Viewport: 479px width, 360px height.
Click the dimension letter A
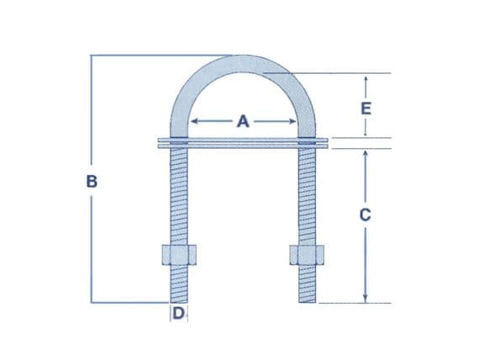tap(243, 121)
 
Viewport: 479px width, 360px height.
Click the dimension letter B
tap(92, 179)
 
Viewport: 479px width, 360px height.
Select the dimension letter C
tap(364, 214)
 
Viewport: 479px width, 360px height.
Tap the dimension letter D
tap(178, 315)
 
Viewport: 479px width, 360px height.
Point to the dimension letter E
tap(365, 108)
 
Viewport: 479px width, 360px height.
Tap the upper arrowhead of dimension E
tap(365, 78)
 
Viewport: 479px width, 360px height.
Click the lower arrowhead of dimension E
tap(365, 135)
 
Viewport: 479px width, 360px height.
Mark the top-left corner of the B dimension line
tap(92, 56)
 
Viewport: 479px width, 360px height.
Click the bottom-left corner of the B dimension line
tap(92, 302)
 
